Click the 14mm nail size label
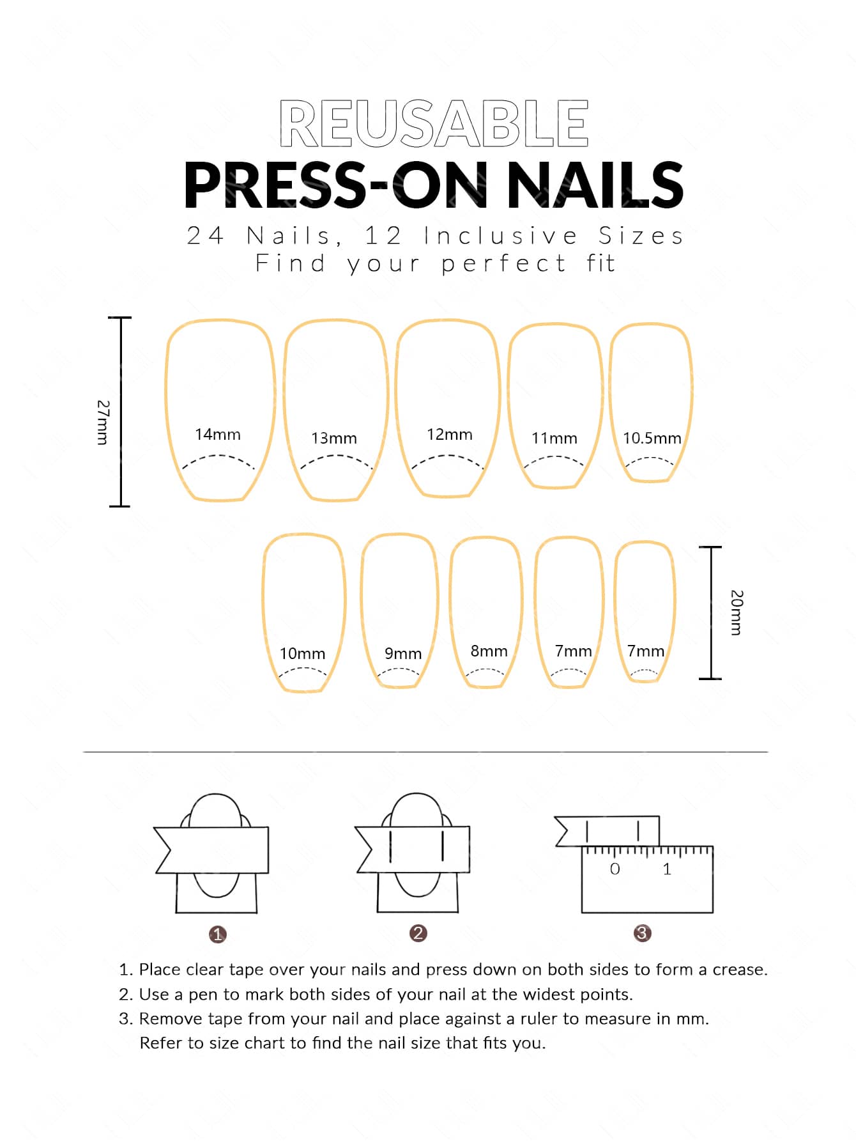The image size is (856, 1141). [x=218, y=435]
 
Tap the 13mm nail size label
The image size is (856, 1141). [x=334, y=439]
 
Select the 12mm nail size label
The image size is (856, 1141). [x=450, y=435]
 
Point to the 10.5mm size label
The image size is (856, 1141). [x=652, y=439]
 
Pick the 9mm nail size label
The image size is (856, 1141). [x=403, y=654]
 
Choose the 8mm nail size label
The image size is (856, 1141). [x=489, y=651]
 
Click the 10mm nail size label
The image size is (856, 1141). [x=302, y=654]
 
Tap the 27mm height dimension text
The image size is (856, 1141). [x=103, y=423]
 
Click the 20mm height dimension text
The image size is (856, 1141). [x=737, y=612]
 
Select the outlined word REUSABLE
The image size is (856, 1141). [x=434, y=123]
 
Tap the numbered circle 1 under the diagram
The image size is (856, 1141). [x=217, y=935]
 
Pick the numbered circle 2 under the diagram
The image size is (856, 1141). [x=418, y=933]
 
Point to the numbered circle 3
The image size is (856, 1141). [x=642, y=933]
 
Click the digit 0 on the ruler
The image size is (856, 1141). [x=615, y=869]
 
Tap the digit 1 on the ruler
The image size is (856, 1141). [x=667, y=869]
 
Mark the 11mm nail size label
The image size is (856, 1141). [x=554, y=439]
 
